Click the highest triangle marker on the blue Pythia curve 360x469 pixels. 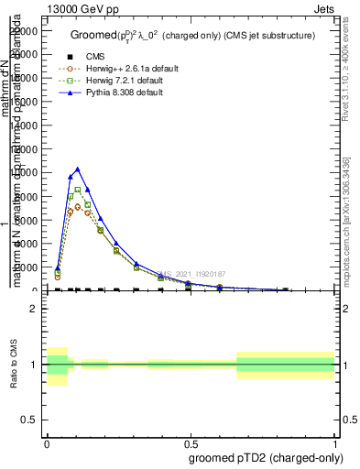pyautogui.click(x=78, y=169)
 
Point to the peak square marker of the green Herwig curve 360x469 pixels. pyautogui.click(x=78, y=190)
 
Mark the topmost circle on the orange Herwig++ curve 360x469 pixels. pyautogui.click(x=78, y=206)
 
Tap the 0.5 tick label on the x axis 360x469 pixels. pyautogui.click(x=191, y=442)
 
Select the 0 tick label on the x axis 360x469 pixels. pyautogui.click(x=47, y=442)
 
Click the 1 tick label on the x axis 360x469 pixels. pyautogui.click(x=334, y=442)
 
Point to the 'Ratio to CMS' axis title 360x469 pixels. pyautogui.click(x=14, y=365)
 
